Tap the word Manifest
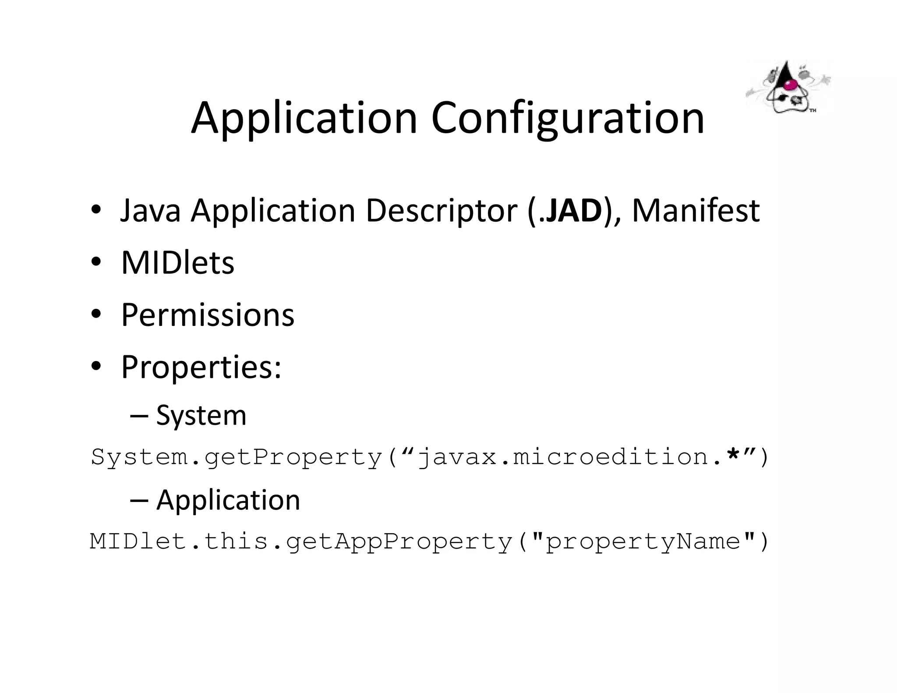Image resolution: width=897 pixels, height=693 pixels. pyautogui.click(x=696, y=211)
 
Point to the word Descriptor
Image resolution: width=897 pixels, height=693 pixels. pyautogui.click(x=441, y=211)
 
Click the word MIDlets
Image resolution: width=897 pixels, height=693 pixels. pyautogui.click(x=178, y=263)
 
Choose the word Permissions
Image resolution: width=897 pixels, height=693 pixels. pyautogui.click(x=208, y=315)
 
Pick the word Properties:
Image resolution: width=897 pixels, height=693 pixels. pyautogui.click(x=201, y=367)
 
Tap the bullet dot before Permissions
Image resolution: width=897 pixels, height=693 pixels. pyautogui.click(x=96, y=315)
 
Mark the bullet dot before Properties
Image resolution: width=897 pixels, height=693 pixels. pyautogui.click(x=96, y=366)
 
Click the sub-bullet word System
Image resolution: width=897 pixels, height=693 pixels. pyautogui.click(x=201, y=415)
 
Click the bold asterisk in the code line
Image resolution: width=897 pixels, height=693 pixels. pyautogui.click(x=733, y=456)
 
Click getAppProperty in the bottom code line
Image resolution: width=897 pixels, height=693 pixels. pyautogui.click(x=399, y=542)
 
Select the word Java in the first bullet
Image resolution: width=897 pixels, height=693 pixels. pyautogui.click(x=150, y=211)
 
